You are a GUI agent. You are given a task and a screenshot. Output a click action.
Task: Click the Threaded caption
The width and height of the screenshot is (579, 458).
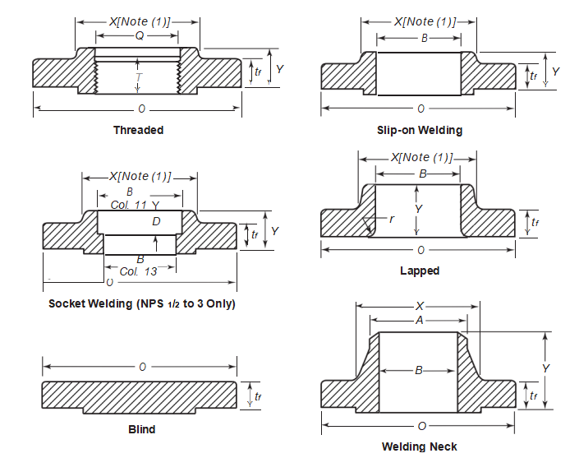[x=138, y=130]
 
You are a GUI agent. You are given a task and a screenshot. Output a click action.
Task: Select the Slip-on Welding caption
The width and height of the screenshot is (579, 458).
[x=420, y=130]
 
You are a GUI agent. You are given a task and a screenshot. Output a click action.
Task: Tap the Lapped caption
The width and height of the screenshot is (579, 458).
[x=420, y=271]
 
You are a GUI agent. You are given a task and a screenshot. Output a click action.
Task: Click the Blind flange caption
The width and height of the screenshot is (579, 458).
[x=141, y=429]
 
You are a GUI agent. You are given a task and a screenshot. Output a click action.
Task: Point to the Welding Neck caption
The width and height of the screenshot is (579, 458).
[x=420, y=446]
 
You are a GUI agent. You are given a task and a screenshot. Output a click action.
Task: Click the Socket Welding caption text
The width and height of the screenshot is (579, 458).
[x=141, y=303]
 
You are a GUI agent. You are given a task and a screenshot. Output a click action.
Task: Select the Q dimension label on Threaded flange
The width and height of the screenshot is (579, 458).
[x=139, y=35]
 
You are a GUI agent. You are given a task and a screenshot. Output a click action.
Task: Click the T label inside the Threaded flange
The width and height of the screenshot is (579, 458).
[x=139, y=76]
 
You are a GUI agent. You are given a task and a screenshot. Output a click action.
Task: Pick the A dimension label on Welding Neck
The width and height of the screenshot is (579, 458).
[x=419, y=321]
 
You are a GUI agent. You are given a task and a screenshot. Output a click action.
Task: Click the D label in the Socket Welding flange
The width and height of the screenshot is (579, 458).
[x=156, y=222]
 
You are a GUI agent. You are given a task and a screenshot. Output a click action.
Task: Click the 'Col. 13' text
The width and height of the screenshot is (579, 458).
[x=140, y=271]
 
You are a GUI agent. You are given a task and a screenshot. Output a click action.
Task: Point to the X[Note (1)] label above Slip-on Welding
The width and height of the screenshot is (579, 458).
[x=425, y=21]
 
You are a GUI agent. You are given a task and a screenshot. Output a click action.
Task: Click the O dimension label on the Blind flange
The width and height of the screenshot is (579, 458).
[x=142, y=366]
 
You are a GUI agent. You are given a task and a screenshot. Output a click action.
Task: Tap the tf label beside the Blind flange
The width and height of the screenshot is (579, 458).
[x=258, y=396]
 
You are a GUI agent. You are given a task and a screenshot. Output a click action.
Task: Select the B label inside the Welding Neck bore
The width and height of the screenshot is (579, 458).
[x=418, y=371]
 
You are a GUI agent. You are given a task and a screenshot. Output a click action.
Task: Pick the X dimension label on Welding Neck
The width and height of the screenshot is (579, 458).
[x=419, y=306]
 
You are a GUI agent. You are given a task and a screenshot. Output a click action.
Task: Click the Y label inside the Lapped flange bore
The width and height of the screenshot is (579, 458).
[x=418, y=210]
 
